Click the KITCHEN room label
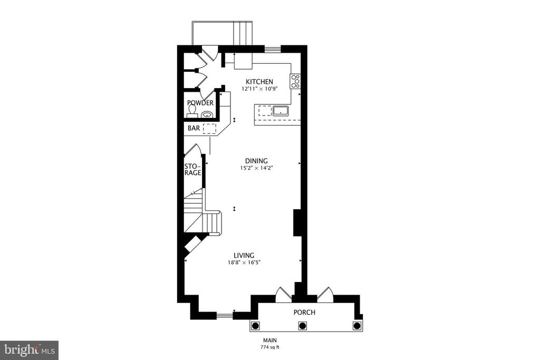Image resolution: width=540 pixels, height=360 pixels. coord(259,82)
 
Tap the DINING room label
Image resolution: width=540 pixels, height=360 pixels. coord(256,161)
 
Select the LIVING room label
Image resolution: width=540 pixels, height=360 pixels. coord(244,255)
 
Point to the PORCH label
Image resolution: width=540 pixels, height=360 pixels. coord(304,313)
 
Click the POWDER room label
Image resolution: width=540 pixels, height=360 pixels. coord(200,103)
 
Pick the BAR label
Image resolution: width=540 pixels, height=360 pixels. coord(194,129)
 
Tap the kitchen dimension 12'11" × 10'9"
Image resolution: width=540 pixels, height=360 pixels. coord(259,89)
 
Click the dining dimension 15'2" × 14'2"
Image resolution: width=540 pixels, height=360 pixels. coord(257,168)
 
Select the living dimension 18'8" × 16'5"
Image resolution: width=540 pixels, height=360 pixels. coord(244,262)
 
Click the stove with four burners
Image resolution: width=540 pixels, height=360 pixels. coord(295,81)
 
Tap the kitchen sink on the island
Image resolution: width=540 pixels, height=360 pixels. coord(281,111)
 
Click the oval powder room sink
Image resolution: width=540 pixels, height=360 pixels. coord(207,114)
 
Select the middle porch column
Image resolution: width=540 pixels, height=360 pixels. coord(303,325)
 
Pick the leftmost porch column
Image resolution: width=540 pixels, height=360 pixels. coord(255,325)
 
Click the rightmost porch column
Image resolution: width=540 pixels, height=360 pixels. coord(356,325)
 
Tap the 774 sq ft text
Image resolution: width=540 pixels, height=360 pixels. coord(270,347)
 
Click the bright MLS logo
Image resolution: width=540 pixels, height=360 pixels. coord(30,351)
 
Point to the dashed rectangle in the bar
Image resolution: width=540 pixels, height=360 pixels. coord(209,129)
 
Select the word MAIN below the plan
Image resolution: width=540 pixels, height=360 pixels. coord(270,340)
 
